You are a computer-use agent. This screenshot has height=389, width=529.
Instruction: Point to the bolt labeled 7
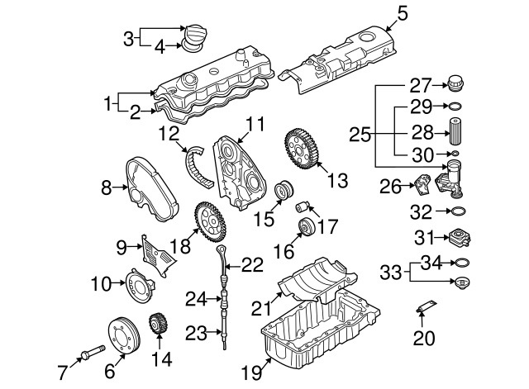(88, 356)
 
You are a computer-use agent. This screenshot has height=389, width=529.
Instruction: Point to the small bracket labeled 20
(426, 309)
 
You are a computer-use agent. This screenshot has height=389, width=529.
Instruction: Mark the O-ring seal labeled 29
(454, 107)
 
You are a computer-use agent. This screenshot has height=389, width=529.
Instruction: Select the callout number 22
(252, 264)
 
